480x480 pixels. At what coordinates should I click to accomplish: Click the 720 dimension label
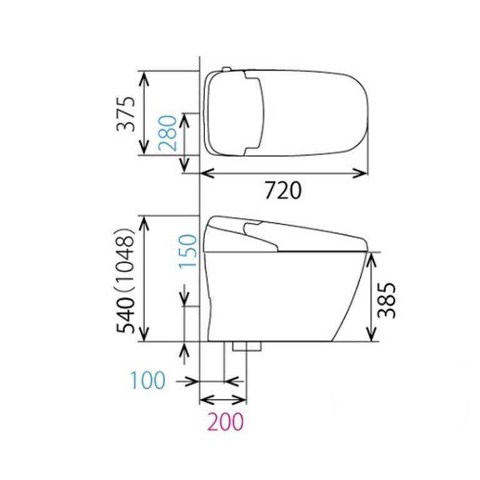(x=283, y=190)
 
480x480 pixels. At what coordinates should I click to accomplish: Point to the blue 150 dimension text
(x=187, y=252)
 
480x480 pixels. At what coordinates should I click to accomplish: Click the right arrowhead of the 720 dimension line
(x=363, y=173)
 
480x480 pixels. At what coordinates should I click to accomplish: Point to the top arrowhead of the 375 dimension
(x=144, y=76)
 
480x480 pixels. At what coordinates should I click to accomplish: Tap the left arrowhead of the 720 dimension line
(x=204, y=173)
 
